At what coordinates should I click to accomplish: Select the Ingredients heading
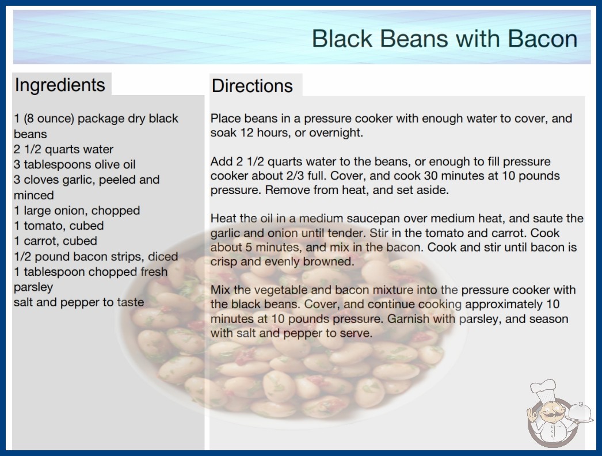point(60,85)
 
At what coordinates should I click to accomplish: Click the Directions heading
point(252,86)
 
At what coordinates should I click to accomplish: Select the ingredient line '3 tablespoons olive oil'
point(74,165)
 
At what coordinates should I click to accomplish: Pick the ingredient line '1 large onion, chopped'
point(77,211)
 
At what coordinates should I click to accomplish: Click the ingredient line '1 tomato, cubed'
point(59,226)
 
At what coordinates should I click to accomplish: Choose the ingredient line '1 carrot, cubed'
point(55,241)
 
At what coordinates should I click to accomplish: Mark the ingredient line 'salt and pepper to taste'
point(79,302)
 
